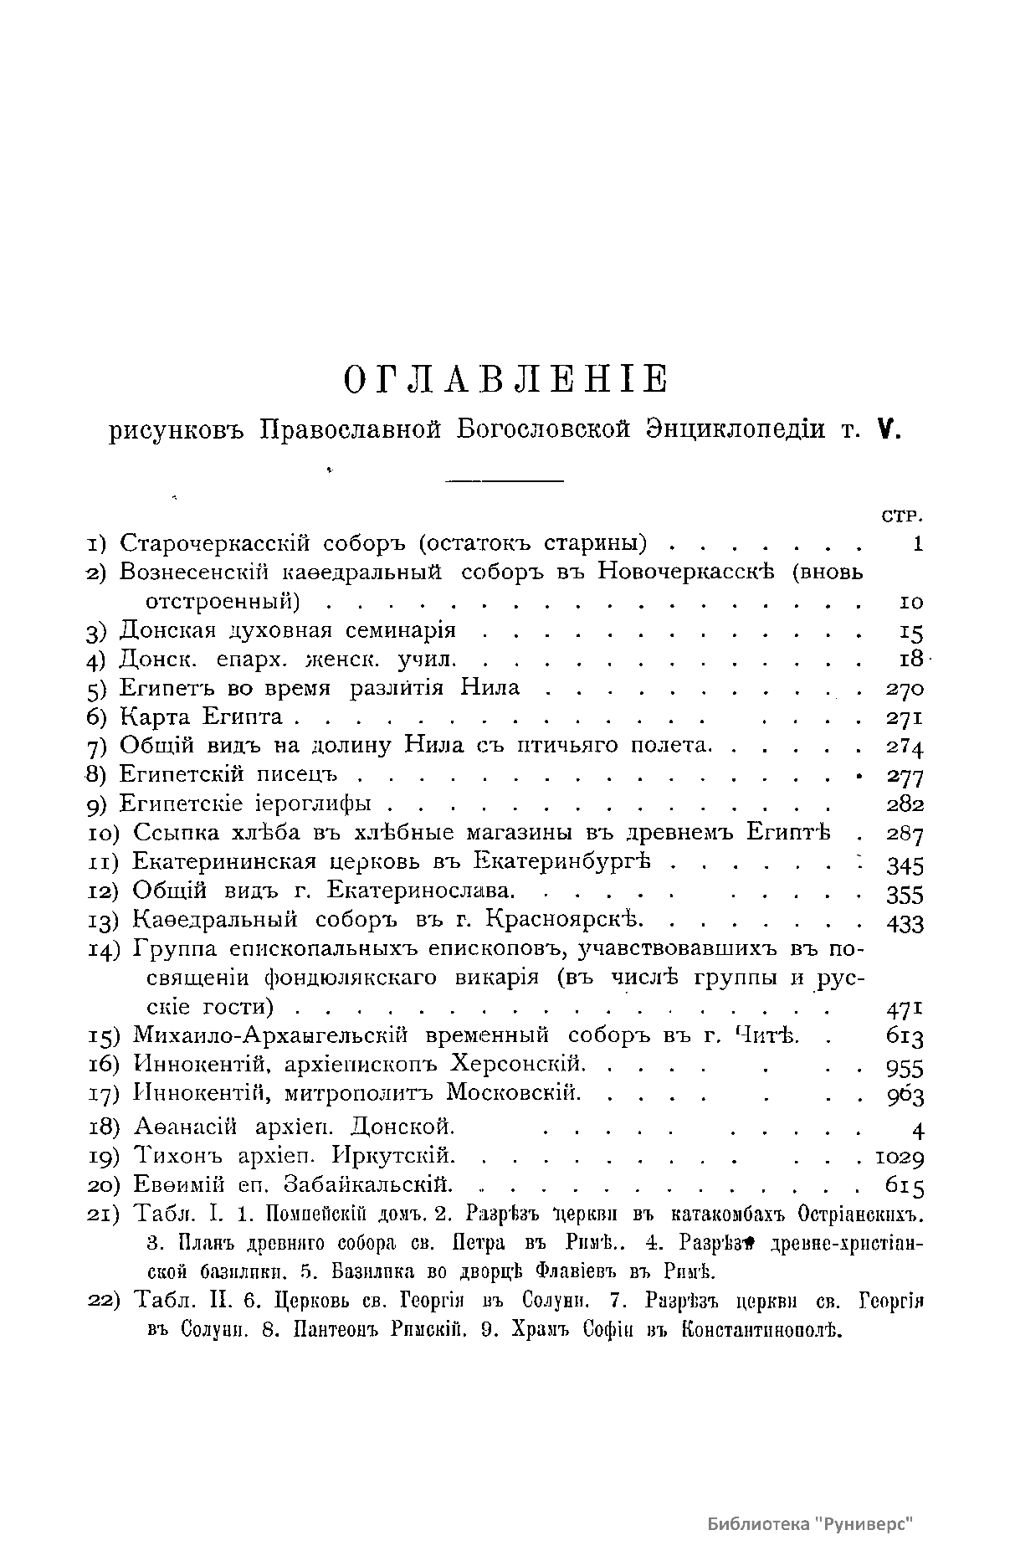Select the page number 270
[904, 689]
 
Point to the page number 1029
[900, 1158]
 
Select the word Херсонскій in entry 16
[517, 1065]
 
